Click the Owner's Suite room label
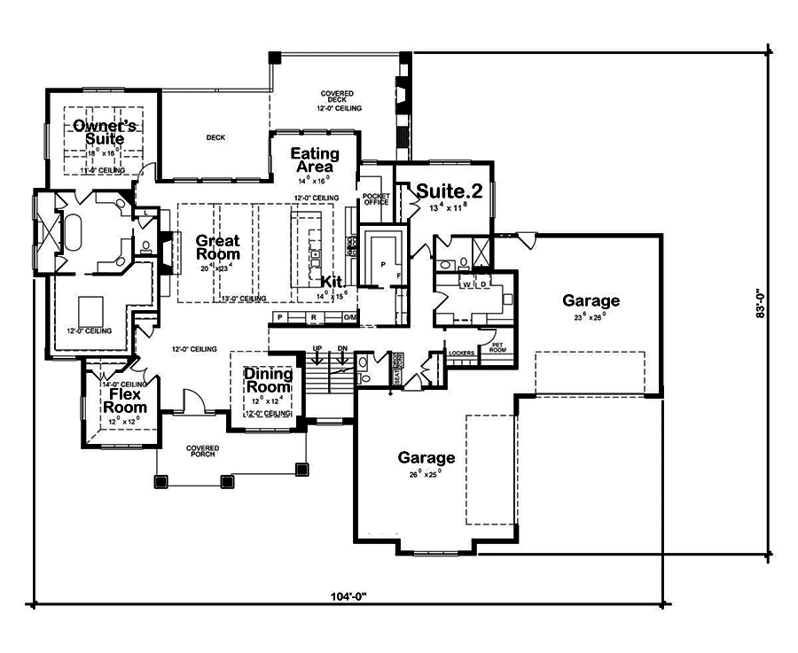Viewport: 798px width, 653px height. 98,132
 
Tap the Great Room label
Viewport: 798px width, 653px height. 218,247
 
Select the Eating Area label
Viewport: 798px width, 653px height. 315,160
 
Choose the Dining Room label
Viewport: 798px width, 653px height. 268,380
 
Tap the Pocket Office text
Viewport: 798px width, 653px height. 377,198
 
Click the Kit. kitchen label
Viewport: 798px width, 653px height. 332,281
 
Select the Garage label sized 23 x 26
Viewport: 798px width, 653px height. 591,301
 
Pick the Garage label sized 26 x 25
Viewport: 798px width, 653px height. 426,458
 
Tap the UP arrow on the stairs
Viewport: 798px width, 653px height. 317,349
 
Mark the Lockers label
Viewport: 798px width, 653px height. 462,353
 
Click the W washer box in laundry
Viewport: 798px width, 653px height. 467,285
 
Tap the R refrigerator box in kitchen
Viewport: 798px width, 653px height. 313,316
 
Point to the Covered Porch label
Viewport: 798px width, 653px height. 203,452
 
